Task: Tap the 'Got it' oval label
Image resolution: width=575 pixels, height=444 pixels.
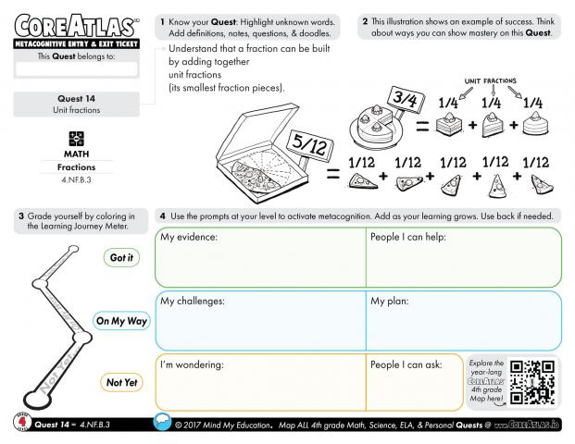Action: (121, 258)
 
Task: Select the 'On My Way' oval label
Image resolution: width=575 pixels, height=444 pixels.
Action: (121, 321)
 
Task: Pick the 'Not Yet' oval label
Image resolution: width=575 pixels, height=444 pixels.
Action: (121, 382)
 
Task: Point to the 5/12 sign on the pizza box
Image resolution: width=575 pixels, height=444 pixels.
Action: (306, 144)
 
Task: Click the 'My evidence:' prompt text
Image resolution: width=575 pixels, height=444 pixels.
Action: (189, 238)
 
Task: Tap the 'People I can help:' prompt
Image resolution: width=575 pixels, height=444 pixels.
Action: (408, 238)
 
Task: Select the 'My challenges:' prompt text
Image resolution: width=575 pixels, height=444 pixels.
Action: (193, 301)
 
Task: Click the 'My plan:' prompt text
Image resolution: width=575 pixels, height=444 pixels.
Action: (391, 301)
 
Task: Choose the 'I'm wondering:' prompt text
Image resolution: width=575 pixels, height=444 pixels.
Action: (192, 364)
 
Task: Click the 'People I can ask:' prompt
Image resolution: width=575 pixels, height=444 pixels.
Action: (406, 364)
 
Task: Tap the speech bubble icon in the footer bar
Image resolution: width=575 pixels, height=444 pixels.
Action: (160, 424)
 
